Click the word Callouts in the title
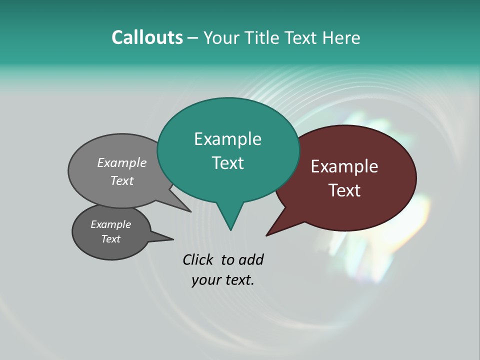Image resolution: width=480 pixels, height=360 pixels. point(147,37)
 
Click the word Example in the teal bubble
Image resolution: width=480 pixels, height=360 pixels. point(227,139)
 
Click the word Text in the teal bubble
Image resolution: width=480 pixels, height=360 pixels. point(227,163)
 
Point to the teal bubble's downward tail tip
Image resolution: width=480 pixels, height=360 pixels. point(230,229)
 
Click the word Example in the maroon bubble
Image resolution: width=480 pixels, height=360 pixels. point(344,166)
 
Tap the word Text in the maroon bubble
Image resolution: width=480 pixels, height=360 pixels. point(344,190)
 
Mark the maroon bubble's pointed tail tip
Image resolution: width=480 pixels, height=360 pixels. point(267,235)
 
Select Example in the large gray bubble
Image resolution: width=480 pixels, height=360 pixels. point(122,162)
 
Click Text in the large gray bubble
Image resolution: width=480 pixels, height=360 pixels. point(122,180)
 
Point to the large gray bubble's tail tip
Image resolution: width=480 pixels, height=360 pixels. point(190,211)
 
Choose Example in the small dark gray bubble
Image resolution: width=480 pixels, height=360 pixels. point(110,224)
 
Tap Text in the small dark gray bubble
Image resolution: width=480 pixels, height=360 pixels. point(110,239)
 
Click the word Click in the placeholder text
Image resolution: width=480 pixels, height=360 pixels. point(197,259)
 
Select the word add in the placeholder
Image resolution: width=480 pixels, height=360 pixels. point(250,259)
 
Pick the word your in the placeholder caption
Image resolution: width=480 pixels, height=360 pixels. point(205,280)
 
